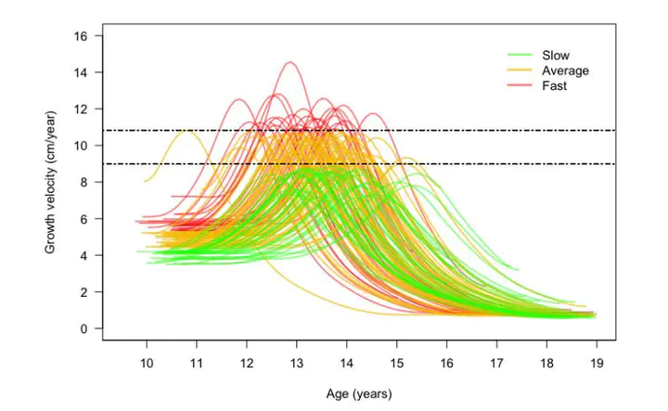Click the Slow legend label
point(556,56)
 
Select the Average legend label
point(565,71)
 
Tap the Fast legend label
point(555,85)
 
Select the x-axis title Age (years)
point(359,393)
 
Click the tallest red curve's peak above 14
point(289,62)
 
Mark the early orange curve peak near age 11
point(188,131)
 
